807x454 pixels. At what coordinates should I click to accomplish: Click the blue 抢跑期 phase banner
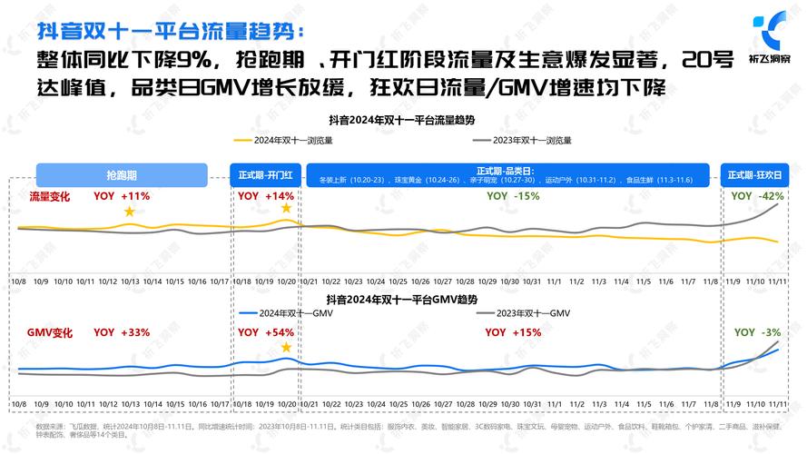pos(121,174)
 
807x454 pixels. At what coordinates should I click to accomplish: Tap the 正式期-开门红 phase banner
pos(266,174)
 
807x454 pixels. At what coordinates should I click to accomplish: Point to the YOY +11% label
pos(122,196)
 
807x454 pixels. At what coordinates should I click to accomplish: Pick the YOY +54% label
pos(266,332)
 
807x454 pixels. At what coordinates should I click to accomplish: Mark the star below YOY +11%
pos(129,212)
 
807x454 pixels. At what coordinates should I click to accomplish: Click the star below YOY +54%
pos(287,348)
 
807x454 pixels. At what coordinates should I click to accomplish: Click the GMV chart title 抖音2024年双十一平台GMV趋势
pos(402,299)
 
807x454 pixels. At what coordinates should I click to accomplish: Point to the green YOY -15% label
pos(507,196)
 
